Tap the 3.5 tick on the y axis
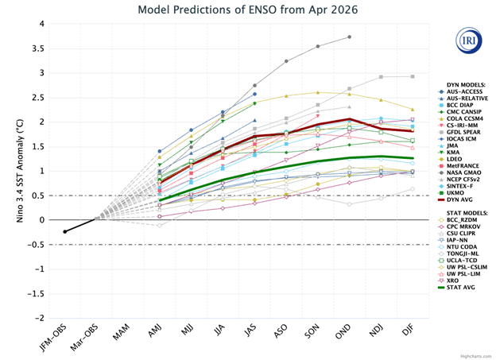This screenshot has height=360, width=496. click(x=37, y=48)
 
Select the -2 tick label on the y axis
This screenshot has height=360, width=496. click(x=37, y=318)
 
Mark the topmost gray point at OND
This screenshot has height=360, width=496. click(x=350, y=37)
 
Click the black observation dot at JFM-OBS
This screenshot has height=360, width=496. click(x=65, y=231)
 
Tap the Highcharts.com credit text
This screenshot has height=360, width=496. click(x=475, y=354)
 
